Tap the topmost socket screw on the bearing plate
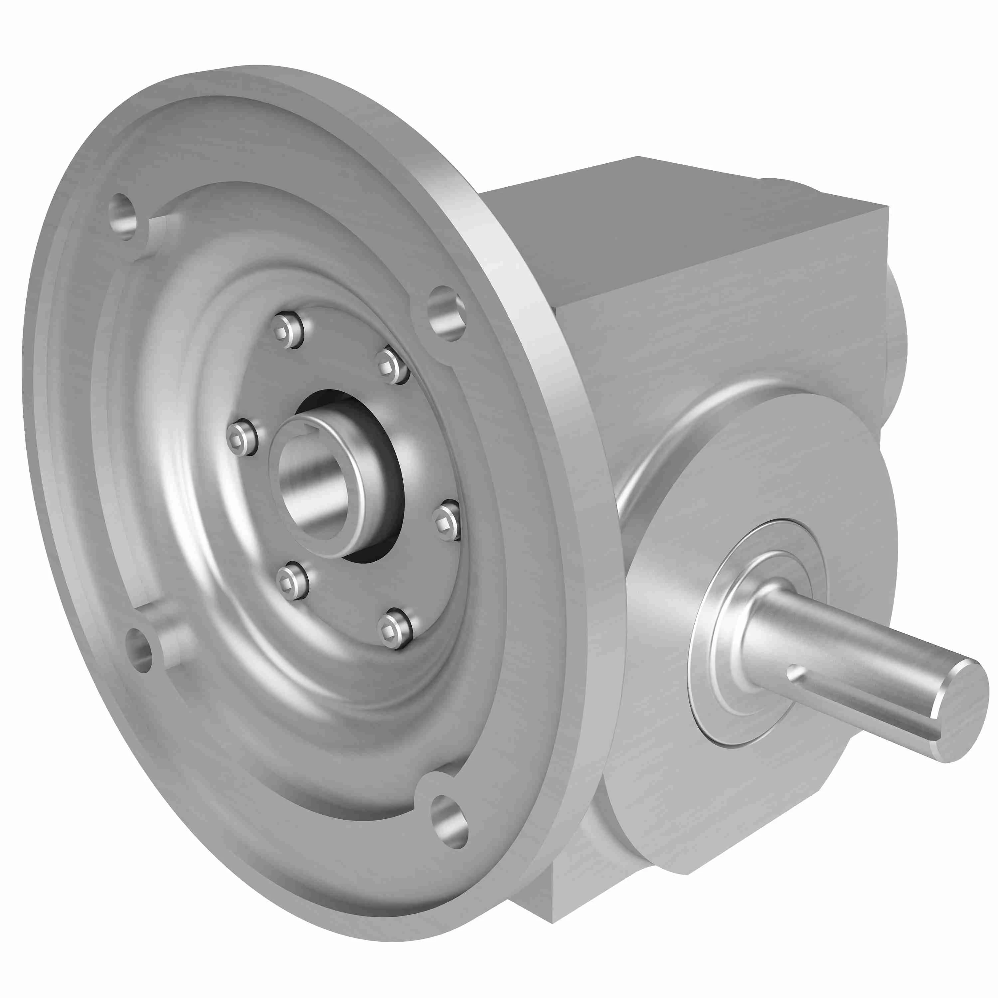point(288,331)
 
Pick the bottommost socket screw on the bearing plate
point(395,628)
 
